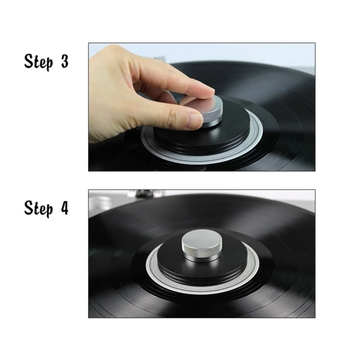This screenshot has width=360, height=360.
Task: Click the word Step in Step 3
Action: tap(39, 62)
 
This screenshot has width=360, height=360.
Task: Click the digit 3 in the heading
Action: tap(65, 62)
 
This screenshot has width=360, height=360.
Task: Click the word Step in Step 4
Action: tap(39, 209)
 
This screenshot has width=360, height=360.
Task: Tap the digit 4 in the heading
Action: tap(65, 208)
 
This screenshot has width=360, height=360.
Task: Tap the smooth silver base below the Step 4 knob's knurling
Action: tap(200, 259)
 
